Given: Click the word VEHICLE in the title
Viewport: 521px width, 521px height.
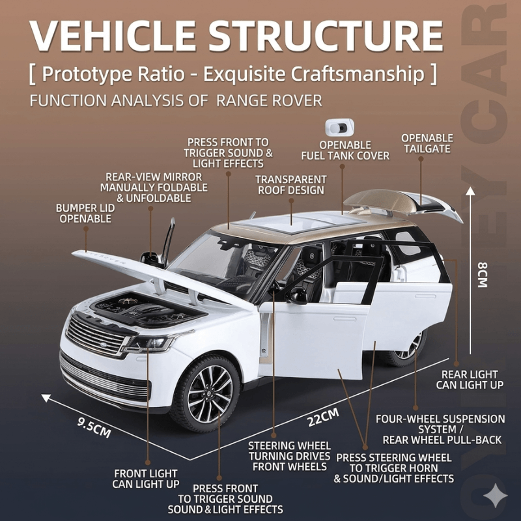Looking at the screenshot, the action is [x=113, y=36].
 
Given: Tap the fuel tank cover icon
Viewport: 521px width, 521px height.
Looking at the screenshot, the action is [x=339, y=128].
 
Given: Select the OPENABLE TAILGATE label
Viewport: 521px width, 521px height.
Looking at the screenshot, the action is [x=427, y=143].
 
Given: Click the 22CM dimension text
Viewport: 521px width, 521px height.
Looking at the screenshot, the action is [x=323, y=417].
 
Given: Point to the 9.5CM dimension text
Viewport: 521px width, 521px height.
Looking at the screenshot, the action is [x=94, y=427].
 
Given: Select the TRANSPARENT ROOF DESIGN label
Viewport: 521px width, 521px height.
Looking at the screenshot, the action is [x=291, y=185].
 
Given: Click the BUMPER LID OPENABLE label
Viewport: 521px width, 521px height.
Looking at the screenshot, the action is [x=85, y=214].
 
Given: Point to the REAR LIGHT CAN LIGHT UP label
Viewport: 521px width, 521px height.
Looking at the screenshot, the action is [x=470, y=380].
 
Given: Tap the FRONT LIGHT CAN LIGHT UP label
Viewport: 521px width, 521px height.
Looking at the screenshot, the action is [x=146, y=479].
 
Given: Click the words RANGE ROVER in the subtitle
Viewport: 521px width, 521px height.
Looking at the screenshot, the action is [x=269, y=101].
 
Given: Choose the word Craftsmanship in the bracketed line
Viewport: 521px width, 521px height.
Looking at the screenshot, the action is [x=358, y=74].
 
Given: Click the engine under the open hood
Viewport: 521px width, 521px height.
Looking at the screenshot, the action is [x=149, y=310].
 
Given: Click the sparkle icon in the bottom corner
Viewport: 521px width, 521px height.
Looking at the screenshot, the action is [x=495, y=496].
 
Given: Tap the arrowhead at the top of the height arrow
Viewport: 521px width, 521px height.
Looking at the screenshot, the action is [x=470, y=191].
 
